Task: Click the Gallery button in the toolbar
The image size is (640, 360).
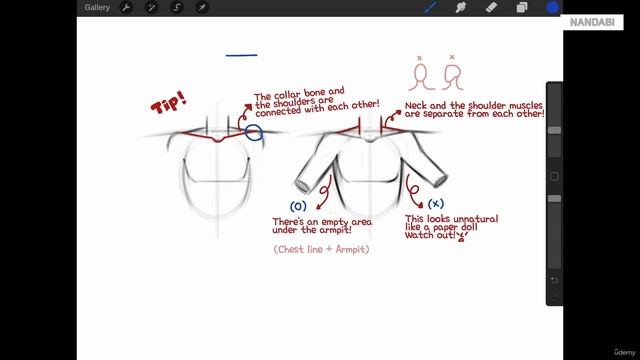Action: pyautogui.click(x=97, y=7)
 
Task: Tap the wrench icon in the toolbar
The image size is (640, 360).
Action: pyautogui.click(x=126, y=7)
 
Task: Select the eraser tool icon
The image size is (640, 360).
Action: pyautogui.click(x=491, y=7)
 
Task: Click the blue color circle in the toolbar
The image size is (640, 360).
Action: pyautogui.click(x=552, y=7)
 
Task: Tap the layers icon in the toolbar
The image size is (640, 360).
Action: pyautogui.click(x=522, y=7)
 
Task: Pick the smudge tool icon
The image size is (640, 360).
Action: pyautogui.click(x=461, y=7)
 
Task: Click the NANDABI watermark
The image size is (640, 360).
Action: pyautogui.click(x=592, y=22)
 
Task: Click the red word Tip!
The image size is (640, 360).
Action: pyautogui.click(x=169, y=102)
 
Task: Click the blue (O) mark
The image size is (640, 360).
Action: pyautogui.click(x=298, y=206)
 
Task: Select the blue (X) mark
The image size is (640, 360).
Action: pyautogui.click(x=436, y=203)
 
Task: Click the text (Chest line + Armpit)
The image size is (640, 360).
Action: pyautogui.click(x=321, y=249)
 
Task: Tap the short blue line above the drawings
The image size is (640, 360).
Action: pyautogui.click(x=241, y=55)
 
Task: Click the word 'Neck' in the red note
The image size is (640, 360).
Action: pyautogui.click(x=416, y=106)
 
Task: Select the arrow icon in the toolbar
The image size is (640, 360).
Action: pyautogui.click(x=202, y=7)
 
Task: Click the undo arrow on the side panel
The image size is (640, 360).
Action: pyautogui.click(x=554, y=280)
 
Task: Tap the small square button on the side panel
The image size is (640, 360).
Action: pyautogui.click(x=554, y=176)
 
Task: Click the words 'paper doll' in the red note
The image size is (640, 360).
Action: pyautogui.click(x=455, y=227)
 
